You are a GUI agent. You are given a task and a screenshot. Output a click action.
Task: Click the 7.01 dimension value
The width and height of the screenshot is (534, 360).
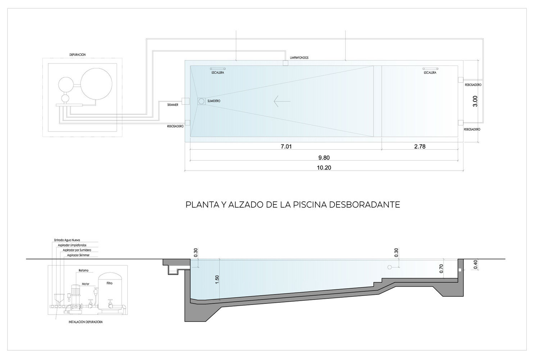click(286, 147)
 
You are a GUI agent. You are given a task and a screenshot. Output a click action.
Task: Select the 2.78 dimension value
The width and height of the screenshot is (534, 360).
click(420, 147)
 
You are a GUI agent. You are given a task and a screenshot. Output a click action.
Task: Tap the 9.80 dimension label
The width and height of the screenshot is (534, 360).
click(324, 158)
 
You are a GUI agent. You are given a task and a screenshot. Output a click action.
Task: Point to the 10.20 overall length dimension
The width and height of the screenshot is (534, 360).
click(324, 168)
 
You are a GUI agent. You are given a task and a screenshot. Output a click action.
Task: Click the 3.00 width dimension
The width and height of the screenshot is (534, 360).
click(475, 101)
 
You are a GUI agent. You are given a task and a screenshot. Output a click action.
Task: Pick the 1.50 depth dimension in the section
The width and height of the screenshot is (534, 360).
click(217, 280)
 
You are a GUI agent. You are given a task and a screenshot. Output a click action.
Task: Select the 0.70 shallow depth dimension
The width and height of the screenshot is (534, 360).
click(441, 269)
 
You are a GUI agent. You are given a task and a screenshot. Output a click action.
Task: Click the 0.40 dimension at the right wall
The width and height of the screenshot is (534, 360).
click(475, 265)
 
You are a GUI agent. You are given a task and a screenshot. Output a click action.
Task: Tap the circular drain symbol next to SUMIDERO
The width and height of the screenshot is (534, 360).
click(202, 101)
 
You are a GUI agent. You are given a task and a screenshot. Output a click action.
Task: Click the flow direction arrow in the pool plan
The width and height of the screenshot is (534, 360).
click(282, 101)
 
